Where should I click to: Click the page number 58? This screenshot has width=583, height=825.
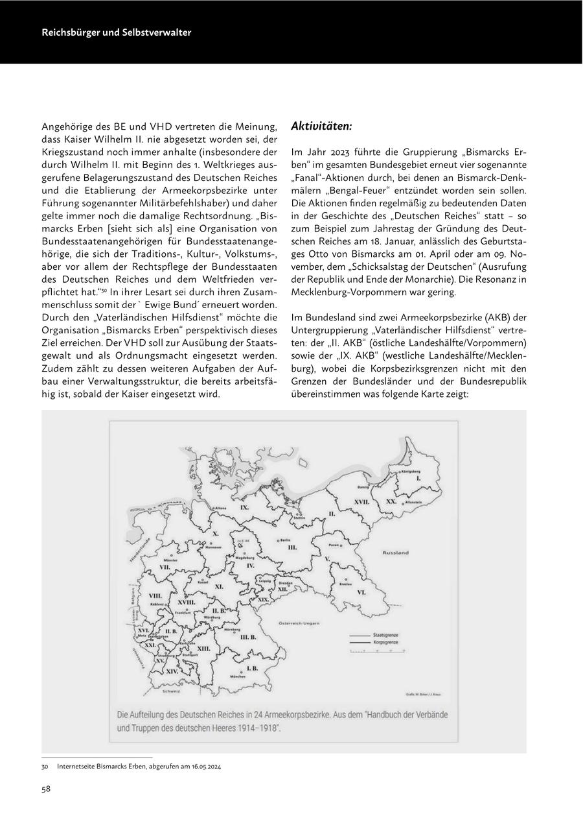point(47,789)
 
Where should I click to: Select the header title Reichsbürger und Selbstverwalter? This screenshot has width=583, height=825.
point(117,32)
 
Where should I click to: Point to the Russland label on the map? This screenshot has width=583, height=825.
point(395,553)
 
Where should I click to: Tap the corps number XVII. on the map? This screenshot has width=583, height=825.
point(361,502)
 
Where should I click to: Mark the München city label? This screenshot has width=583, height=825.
point(238,676)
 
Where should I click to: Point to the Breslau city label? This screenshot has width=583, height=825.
point(346,584)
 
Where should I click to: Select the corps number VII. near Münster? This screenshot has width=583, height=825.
point(165,567)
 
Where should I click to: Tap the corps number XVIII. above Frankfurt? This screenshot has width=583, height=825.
point(187,603)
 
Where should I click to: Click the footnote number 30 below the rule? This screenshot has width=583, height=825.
point(45,766)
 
